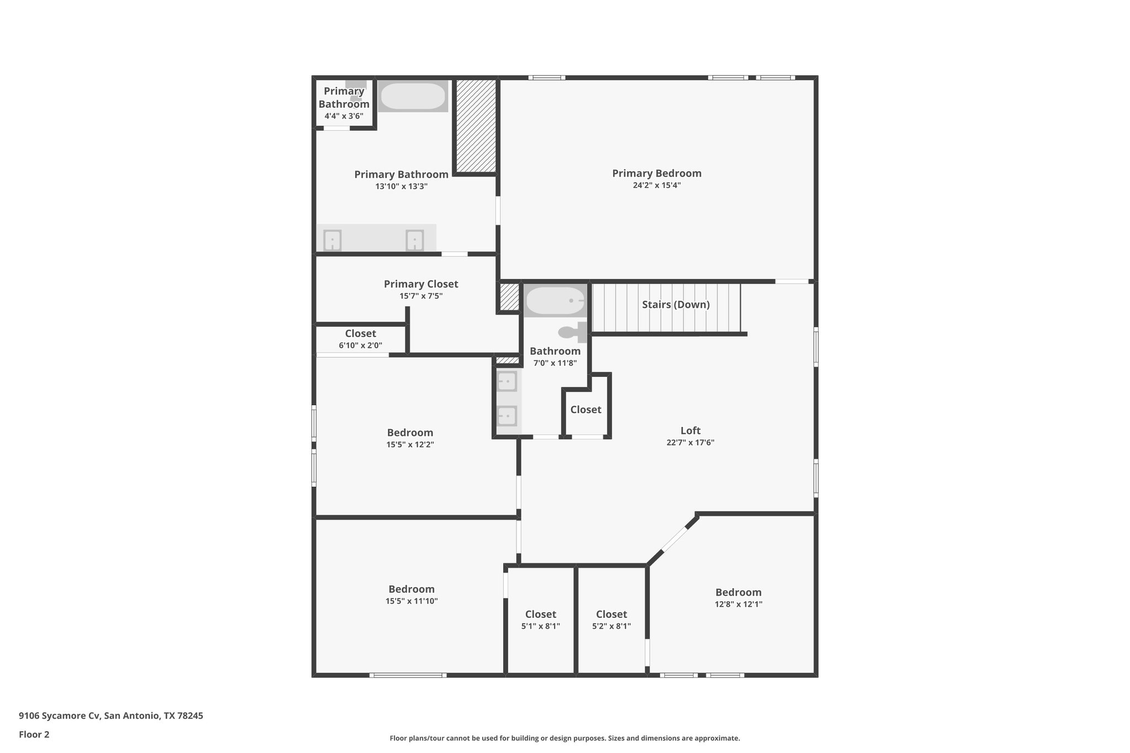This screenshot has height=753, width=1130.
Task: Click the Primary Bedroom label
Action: [657, 173]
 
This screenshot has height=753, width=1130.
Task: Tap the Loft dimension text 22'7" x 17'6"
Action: [690, 442]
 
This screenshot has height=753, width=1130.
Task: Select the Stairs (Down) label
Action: [675, 305]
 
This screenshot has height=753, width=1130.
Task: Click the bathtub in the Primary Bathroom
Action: [413, 97]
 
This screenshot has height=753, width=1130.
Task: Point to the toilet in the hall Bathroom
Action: [572, 332]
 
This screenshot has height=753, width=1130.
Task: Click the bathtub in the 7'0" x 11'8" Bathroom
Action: [555, 301]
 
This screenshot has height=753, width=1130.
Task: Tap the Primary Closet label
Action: [420, 284]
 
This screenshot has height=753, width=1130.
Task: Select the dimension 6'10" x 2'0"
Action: [360, 345]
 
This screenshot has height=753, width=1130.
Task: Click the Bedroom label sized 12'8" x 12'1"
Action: [738, 592]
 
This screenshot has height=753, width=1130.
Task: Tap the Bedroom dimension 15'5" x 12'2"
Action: [410, 445]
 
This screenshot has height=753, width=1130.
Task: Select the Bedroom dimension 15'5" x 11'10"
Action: [412, 601]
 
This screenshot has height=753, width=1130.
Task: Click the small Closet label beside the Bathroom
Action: [585, 409]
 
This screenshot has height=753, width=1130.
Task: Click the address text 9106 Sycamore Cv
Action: [60, 716]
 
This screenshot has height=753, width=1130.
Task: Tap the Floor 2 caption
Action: [34, 734]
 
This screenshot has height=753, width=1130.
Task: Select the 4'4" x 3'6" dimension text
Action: [344, 116]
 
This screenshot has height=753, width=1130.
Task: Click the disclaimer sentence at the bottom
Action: [564, 738]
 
